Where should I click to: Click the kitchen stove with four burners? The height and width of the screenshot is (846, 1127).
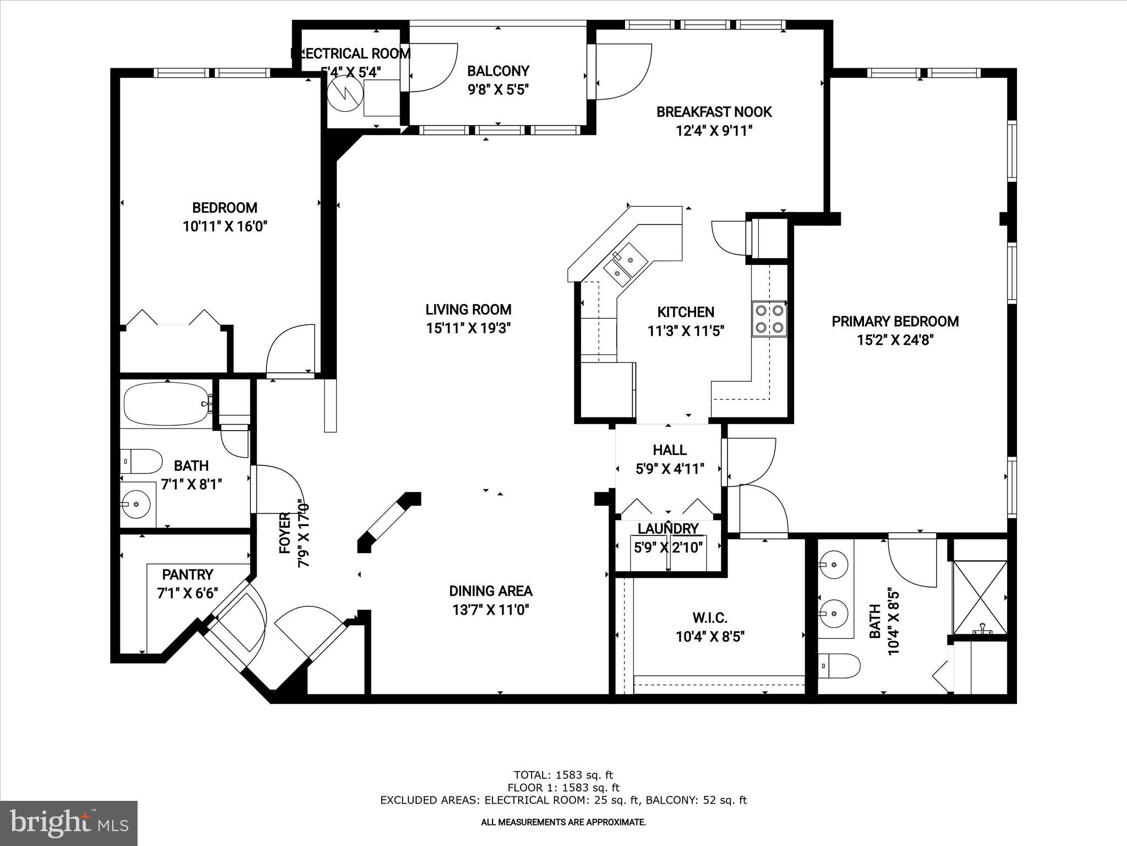[769, 318]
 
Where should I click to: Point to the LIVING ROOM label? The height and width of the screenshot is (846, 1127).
[468, 310]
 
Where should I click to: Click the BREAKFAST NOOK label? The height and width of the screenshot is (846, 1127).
[714, 112]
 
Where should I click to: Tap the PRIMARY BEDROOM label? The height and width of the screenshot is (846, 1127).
[895, 322]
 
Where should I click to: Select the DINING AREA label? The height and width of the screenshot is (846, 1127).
[491, 591]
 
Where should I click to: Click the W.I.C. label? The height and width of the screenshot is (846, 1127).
[710, 618]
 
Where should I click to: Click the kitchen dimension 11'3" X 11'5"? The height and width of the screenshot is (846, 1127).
[686, 331]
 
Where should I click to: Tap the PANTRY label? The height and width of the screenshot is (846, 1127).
[188, 575]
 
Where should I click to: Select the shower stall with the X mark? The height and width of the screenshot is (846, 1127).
[980, 598]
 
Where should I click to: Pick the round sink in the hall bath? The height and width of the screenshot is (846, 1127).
[134, 503]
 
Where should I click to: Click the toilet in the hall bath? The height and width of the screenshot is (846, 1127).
[141, 461]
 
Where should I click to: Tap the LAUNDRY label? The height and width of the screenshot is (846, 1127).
[668, 529]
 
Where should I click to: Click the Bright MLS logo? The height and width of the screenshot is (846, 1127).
[69, 823]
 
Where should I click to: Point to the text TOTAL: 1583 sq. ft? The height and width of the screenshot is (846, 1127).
[563, 775]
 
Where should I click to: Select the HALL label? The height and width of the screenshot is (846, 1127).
[670, 450]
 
